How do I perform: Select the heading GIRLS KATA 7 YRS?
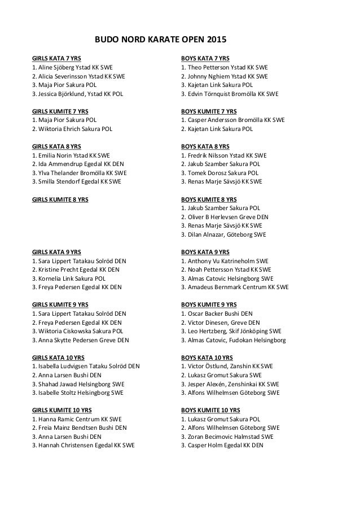(56, 58)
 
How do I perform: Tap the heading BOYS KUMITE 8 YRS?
(209, 199)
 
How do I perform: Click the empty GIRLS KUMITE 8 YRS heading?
(60, 199)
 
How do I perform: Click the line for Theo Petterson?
(224, 67)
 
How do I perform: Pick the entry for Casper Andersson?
(232, 120)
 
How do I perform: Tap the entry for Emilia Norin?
(71, 155)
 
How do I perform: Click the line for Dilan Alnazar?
(223, 234)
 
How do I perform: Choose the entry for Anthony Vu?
(225, 261)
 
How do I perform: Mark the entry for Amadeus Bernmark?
(235, 287)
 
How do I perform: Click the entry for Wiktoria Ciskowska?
(78, 331)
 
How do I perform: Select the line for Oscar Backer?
(217, 313)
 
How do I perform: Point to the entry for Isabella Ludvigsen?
(86, 366)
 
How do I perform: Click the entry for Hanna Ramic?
(77, 419)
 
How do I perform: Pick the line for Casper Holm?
(222, 445)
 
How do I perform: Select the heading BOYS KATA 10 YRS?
(207, 358)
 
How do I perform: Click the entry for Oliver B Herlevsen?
(225, 217)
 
